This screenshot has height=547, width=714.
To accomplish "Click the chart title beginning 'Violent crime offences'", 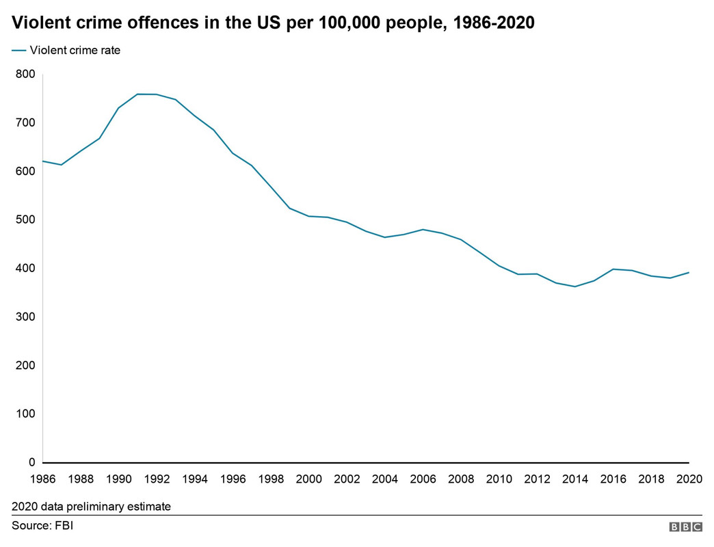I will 273,23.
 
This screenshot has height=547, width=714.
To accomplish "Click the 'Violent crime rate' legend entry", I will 75,50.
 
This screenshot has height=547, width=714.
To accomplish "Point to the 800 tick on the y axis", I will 25,74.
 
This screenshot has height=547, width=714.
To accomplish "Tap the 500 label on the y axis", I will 25,219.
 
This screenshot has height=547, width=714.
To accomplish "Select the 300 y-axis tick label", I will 25,317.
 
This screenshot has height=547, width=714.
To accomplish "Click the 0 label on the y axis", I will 31,463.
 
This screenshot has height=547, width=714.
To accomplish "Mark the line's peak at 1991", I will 138,94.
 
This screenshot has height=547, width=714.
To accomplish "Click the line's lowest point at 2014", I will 575,286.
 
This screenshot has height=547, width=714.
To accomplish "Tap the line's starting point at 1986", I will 43,161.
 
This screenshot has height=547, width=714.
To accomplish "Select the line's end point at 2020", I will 689,272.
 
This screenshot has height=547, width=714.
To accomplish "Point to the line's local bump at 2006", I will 423,229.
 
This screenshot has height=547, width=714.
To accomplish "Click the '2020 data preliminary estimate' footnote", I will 91,507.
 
